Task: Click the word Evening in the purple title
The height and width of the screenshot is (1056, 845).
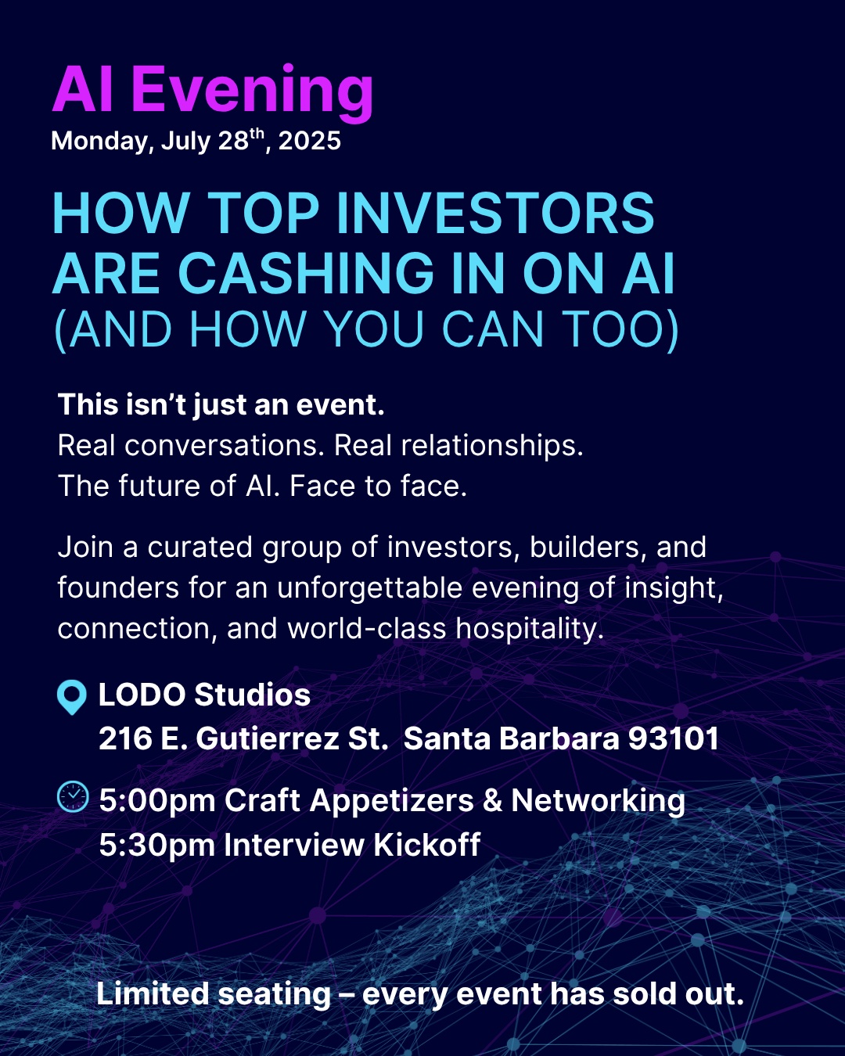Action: click(x=253, y=93)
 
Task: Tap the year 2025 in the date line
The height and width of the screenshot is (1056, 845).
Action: click(x=310, y=141)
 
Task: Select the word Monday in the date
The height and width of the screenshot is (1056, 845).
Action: click(x=99, y=142)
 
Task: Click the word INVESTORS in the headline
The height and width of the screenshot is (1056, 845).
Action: click(x=495, y=214)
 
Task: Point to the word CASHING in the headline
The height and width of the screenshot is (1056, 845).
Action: click(x=305, y=273)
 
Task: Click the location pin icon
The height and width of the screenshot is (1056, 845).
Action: click(x=72, y=697)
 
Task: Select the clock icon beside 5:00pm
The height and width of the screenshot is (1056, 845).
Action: click(x=73, y=797)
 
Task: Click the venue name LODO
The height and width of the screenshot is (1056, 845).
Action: click(x=142, y=695)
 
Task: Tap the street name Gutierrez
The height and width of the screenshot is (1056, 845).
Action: click(x=268, y=738)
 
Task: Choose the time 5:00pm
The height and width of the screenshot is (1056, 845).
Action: click(x=157, y=802)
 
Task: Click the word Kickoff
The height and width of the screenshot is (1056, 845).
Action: click(x=426, y=844)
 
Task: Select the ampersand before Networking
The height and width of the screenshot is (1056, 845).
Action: click(x=492, y=800)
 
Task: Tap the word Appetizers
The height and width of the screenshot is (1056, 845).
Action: click(x=392, y=802)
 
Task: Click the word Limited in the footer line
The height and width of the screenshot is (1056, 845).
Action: click(x=153, y=993)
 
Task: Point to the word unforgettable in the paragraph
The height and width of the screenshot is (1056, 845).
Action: click(x=370, y=588)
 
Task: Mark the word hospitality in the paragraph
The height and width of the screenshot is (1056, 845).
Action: click(x=530, y=630)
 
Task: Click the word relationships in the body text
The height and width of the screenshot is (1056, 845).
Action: click(x=492, y=447)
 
